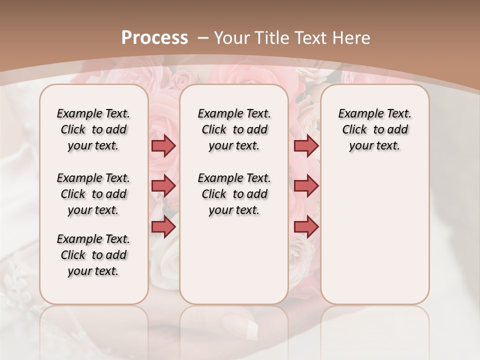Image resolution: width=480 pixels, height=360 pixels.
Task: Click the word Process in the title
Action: point(154,37)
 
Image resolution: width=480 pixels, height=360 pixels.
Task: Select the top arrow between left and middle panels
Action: point(163,145)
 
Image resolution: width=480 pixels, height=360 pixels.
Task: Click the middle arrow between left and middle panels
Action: point(163,186)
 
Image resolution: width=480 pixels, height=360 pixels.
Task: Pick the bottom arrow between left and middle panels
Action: point(163,227)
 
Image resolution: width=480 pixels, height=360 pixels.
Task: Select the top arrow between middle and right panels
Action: point(306,145)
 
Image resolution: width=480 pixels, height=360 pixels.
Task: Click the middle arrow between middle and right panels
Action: point(306,186)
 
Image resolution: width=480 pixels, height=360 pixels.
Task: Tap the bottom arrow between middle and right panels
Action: point(306,227)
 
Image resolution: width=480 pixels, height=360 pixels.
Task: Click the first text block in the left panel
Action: point(93,129)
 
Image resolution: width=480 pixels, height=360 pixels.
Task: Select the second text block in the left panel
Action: point(93,194)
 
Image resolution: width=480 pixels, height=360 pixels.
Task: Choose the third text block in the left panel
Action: point(93,255)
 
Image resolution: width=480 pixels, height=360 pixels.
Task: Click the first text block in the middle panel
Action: point(234,129)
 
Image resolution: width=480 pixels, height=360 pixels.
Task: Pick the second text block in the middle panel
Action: point(234,194)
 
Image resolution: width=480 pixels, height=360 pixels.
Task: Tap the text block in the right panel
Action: point(374,129)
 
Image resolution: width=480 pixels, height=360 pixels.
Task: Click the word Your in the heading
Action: point(232,37)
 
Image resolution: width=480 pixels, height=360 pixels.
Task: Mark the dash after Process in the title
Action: point(203,37)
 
